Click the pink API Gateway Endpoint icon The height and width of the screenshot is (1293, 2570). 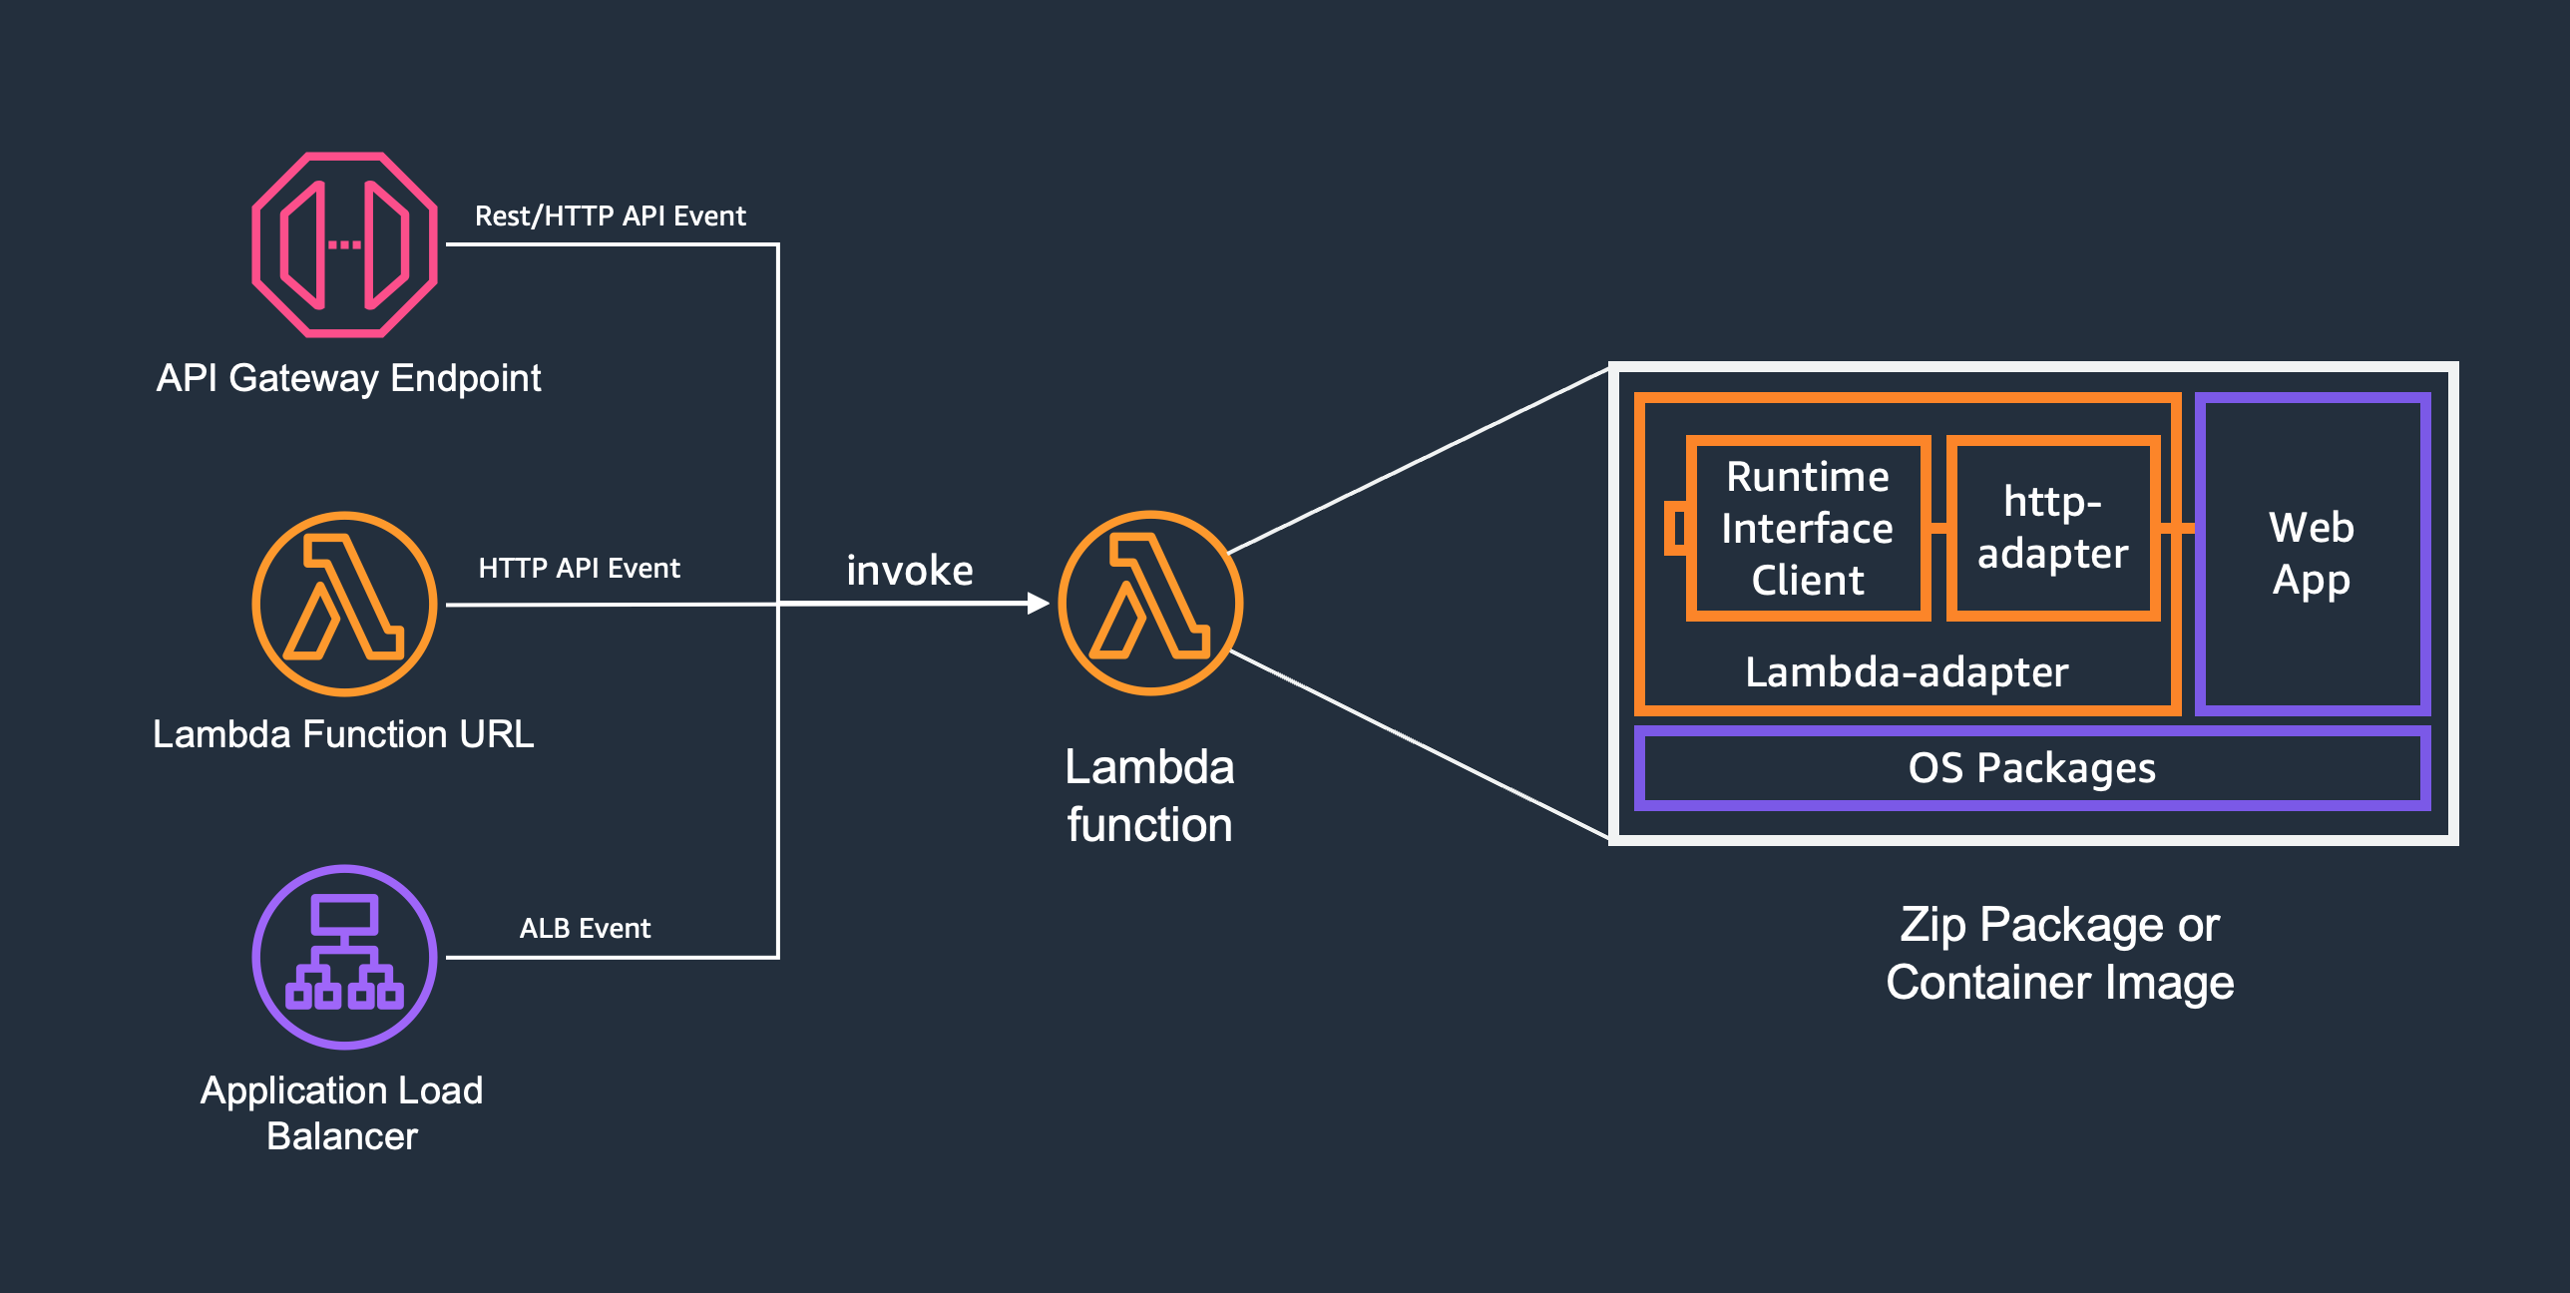(344, 244)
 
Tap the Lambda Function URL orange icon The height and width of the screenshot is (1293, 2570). (344, 604)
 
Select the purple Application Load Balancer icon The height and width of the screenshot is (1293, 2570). (344, 957)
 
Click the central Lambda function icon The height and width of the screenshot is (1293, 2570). (1150, 603)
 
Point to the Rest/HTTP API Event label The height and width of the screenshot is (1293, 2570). (610, 215)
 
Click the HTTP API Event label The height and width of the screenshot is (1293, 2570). (579, 568)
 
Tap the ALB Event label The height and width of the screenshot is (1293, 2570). (585, 928)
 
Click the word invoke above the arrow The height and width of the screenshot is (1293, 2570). (909, 570)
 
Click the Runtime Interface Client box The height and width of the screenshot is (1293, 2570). (1807, 528)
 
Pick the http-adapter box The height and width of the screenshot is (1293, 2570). (2052, 528)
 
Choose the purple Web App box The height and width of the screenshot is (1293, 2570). (2312, 553)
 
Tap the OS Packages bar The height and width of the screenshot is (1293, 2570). (2031, 768)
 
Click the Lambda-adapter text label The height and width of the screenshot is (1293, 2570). (1907, 671)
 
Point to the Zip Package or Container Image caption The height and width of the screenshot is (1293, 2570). (2059, 953)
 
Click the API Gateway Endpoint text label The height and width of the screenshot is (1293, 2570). (348, 378)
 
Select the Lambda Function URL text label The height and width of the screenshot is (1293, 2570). (343, 733)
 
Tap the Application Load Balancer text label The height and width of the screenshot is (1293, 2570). (342, 1112)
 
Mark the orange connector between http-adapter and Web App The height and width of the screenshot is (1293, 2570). (2178, 528)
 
